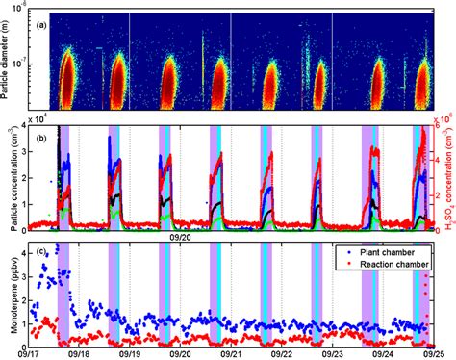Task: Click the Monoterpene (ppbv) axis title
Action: tap(9, 293)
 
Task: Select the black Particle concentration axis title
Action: tap(9, 174)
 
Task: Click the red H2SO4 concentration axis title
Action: tap(448, 174)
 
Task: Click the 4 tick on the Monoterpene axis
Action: tap(23, 246)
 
